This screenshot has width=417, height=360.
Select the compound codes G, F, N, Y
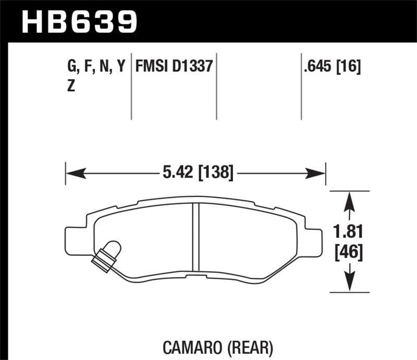pyautogui.click(x=96, y=66)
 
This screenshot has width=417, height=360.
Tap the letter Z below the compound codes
pyautogui.click(x=71, y=87)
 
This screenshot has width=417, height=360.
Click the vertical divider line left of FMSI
pyautogui.click(x=131, y=86)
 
